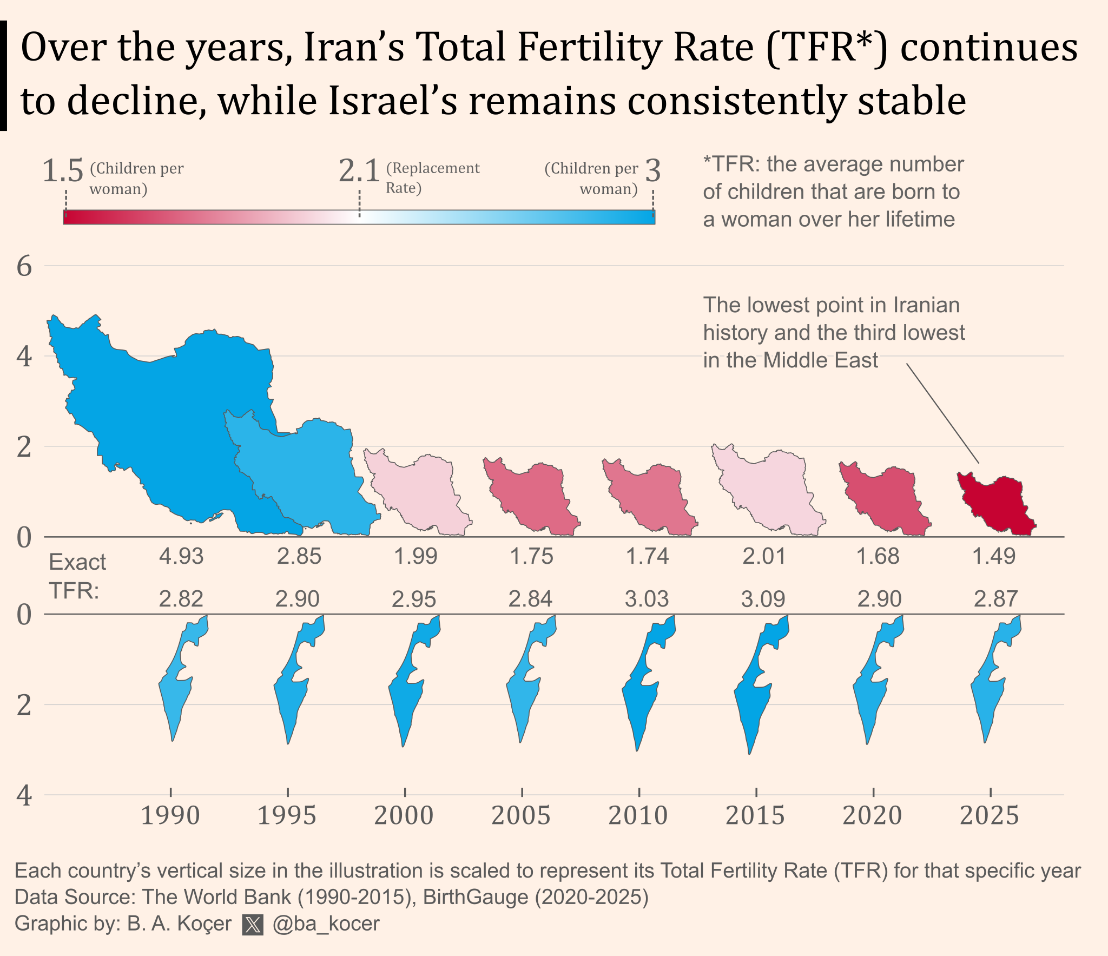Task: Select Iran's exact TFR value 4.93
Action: pos(181,556)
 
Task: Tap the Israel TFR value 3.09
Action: pos(763,599)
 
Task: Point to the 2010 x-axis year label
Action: pos(638,815)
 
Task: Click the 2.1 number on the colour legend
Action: pos(359,171)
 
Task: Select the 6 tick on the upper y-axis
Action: pos(24,266)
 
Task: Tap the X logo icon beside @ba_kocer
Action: pos(253,925)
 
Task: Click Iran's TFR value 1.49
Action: pos(994,556)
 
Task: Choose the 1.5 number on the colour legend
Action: pos(63,171)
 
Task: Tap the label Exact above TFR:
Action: pos(77,563)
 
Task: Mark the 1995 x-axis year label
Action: pos(287,815)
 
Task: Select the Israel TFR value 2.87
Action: pos(995,599)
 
